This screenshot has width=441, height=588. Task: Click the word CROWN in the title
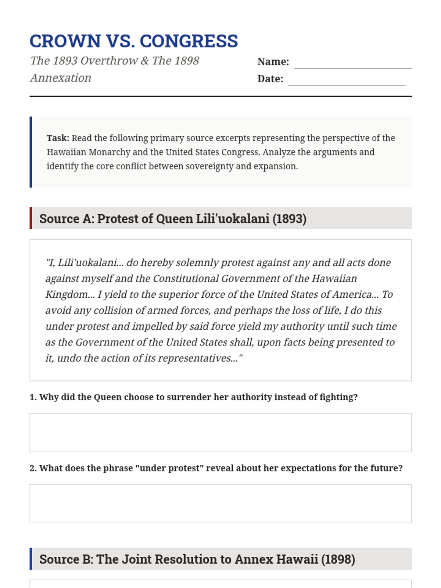point(65,41)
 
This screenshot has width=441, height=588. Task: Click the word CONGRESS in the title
point(189,41)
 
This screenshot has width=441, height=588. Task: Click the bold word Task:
point(58,138)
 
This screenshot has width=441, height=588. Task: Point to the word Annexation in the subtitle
point(61,78)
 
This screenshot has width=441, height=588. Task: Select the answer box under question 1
point(220,433)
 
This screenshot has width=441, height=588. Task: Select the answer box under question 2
point(220,503)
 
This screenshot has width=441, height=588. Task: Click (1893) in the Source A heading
point(289,219)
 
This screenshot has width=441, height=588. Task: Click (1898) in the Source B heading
point(338,559)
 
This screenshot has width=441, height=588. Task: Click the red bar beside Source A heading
point(31,218)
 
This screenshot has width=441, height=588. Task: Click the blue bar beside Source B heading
point(31,559)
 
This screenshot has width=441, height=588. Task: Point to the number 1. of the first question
point(33,397)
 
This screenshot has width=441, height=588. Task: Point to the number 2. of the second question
point(33,468)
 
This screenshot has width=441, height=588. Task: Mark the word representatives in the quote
point(198,358)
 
